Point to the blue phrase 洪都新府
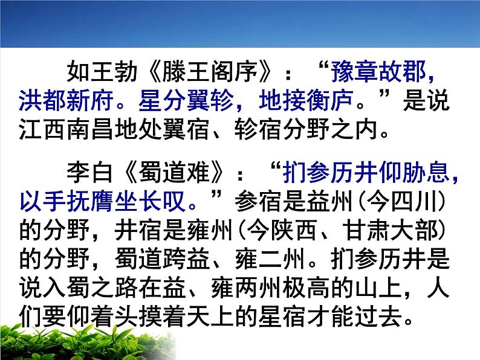(x=67, y=101)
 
